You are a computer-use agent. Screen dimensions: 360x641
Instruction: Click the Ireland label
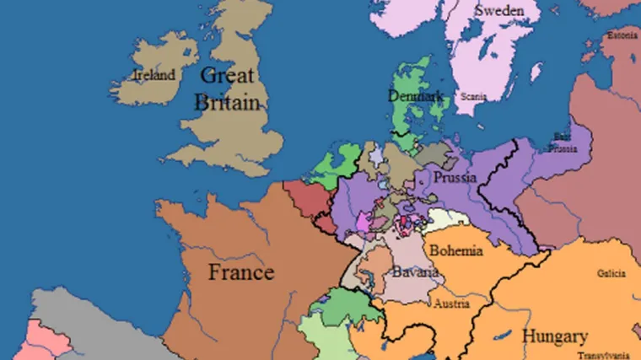coord(154,75)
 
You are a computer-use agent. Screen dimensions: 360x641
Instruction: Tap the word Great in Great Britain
coord(228,75)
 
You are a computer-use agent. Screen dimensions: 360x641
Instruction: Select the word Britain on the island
coord(226,102)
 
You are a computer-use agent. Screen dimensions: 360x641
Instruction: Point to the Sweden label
coord(507,11)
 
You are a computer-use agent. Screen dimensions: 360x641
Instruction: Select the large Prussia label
coord(455,178)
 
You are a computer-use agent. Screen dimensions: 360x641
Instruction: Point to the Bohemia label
coord(455,250)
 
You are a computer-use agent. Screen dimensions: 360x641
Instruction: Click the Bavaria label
coord(415,273)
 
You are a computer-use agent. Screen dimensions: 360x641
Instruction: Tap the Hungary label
coord(554,336)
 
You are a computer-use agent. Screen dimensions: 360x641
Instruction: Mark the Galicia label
coord(610,274)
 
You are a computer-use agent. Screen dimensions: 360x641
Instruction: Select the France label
coord(241,272)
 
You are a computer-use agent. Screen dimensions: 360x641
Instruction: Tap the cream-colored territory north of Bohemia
coord(446,223)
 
